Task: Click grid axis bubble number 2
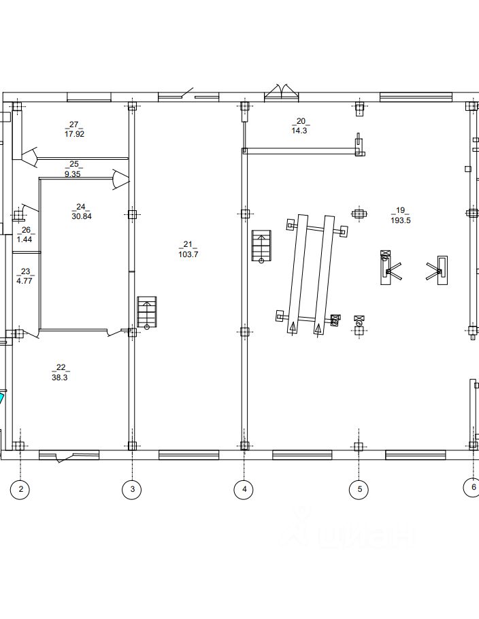click(x=21, y=489)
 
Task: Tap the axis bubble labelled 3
click(x=132, y=489)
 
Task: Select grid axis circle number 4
click(x=244, y=489)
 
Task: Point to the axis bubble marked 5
click(x=359, y=489)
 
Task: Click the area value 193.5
click(x=400, y=220)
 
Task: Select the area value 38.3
click(x=60, y=376)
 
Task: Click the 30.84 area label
click(x=81, y=216)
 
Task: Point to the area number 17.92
click(x=74, y=134)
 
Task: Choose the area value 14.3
click(x=300, y=131)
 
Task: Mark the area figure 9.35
click(x=73, y=173)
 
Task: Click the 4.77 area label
click(x=24, y=280)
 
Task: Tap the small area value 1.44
click(x=25, y=240)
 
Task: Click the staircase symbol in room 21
click(x=147, y=312)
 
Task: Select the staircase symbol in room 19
click(x=261, y=246)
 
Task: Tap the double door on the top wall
click(x=282, y=93)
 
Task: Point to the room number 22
click(x=60, y=367)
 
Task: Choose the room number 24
click(x=81, y=207)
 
